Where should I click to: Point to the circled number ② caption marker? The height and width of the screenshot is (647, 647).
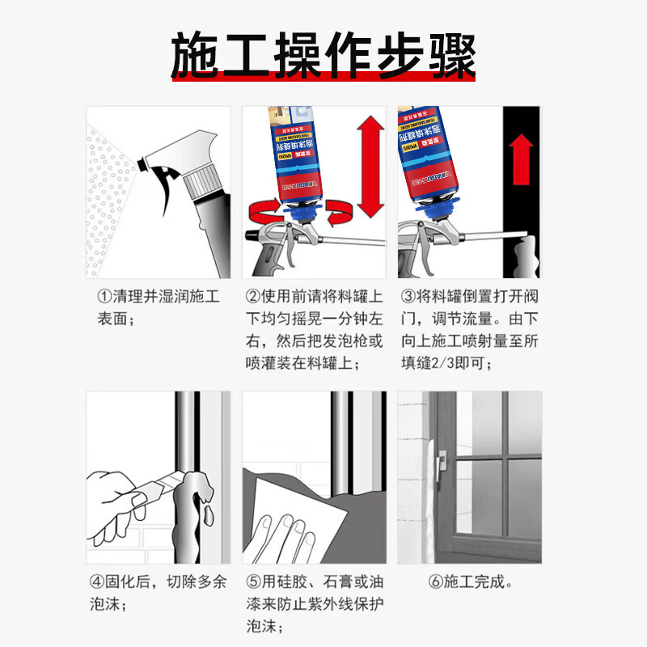(253, 297)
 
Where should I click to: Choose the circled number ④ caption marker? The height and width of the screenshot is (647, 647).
(95, 581)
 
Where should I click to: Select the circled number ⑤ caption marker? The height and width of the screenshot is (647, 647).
(253, 581)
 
